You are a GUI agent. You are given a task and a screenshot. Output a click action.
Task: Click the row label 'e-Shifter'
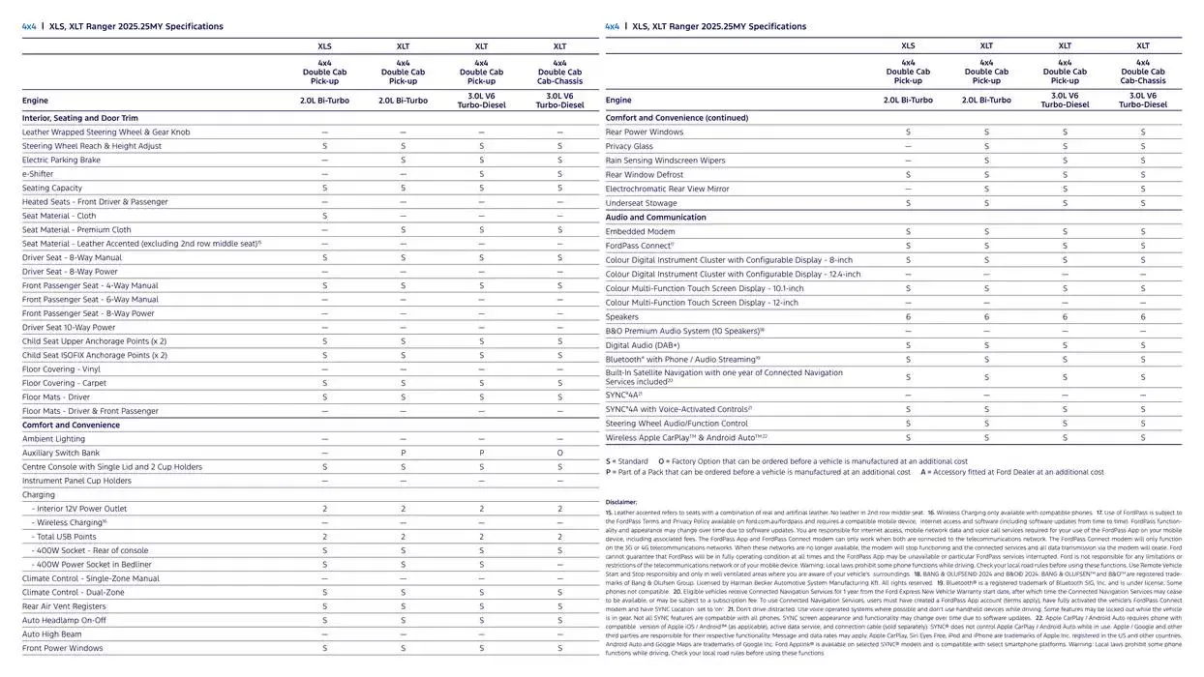tap(39, 174)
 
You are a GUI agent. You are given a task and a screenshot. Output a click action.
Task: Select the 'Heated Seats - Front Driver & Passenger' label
tap(95, 202)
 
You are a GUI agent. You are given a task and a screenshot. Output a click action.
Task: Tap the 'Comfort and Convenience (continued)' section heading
tap(677, 118)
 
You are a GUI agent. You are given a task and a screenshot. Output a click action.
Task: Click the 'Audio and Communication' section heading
tap(656, 218)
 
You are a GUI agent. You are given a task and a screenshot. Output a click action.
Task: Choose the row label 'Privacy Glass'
tap(629, 146)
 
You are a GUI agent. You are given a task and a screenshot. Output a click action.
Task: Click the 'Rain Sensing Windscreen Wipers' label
tap(665, 161)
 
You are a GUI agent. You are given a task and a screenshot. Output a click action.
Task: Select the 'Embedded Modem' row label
tap(640, 232)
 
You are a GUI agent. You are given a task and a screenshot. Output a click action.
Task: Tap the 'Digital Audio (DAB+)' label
tap(643, 345)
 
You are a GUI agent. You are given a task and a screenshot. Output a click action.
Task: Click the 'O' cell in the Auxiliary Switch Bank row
tap(559, 454)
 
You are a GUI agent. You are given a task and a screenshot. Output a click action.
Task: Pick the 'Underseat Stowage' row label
tap(642, 203)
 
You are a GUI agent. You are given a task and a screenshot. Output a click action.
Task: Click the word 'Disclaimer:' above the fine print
tap(621, 502)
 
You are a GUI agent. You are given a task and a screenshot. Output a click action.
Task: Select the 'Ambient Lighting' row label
tap(53, 439)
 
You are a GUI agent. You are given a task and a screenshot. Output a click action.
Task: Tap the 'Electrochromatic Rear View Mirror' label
tap(668, 189)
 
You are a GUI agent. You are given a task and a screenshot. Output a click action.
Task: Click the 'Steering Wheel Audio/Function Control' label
tap(677, 424)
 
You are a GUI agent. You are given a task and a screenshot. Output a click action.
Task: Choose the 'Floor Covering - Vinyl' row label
tap(61, 369)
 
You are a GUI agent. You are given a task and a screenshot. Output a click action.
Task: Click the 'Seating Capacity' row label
tap(52, 189)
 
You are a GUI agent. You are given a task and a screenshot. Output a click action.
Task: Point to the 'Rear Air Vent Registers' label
tap(64, 606)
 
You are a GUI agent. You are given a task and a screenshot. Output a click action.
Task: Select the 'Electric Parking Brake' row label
tap(61, 161)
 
